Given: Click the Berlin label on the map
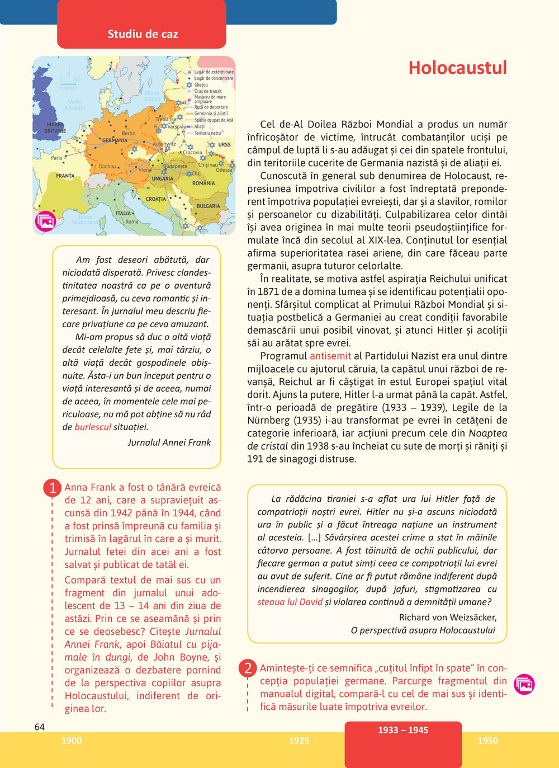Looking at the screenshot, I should click(x=129, y=133).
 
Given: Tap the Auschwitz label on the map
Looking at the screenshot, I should click(x=164, y=144).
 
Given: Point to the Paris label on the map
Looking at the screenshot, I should click(x=56, y=158).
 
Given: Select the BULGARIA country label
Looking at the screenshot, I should click(x=208, y=206).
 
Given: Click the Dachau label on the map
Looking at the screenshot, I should click(x=107, y=166).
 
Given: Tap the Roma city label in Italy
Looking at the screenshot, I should click(x=132, y=222).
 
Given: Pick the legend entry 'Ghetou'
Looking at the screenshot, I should click(x=201, y=85).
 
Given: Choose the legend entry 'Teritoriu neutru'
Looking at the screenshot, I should click(x=207, y=133).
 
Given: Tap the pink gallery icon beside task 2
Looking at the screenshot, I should click(x=524, y=684).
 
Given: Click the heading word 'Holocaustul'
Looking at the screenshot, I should click(x=457, y=68).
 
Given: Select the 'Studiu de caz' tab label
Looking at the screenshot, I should click(x=143, y=34).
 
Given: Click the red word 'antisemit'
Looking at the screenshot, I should click(x=330, y=356).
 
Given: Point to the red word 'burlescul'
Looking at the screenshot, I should click(x=92, y=427).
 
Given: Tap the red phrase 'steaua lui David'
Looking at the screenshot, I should click(x=290, y=602).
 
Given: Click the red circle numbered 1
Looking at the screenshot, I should click(x=52, y=488).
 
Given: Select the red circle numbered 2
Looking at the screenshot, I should click(x=248, y=668).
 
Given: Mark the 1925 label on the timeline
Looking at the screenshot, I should click(x=299, y=741).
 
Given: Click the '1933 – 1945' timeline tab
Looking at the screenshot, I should click(x=403, y=730).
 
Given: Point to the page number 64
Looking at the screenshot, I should click(x=40, y=727).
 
